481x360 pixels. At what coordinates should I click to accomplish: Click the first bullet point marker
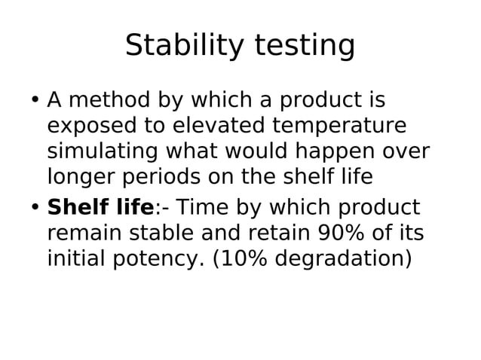tap(35, 100)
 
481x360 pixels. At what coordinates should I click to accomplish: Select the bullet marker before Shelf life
tap(35, 208)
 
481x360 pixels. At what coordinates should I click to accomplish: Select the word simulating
tap(102, 152)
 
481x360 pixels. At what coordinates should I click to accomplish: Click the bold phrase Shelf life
tap(100, 207)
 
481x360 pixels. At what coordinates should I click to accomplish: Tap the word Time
tap(200, 207)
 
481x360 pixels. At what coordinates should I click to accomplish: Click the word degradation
tap(344, 260)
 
